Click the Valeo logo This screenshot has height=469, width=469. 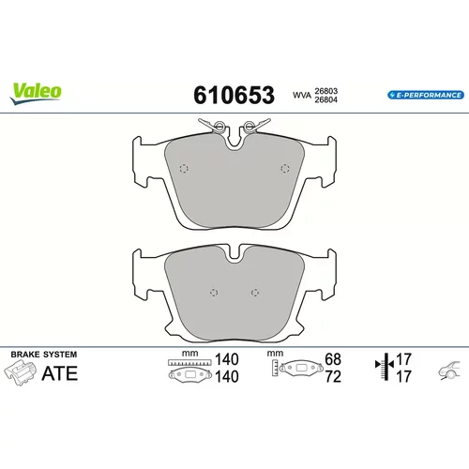point(36,94)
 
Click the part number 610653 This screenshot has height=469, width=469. point(234,95)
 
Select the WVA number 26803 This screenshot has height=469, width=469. point(325,91)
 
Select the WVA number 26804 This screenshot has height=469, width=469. point(325,99)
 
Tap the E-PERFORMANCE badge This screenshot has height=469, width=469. point(426,95)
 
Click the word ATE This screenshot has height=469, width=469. point(60,373)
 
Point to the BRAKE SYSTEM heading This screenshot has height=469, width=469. point(44,355)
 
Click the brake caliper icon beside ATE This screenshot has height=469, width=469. point(20,372)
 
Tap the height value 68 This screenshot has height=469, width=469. point(333,359)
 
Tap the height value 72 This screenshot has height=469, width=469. point(333,377)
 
